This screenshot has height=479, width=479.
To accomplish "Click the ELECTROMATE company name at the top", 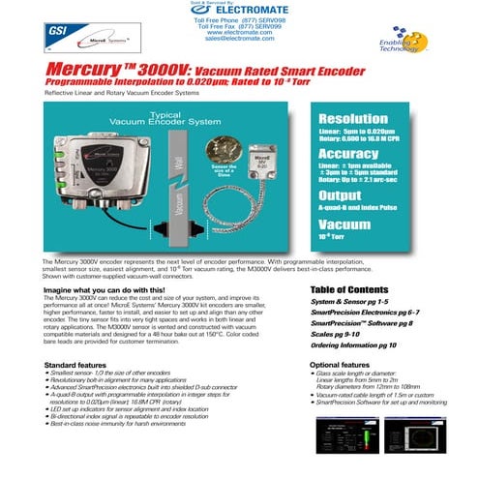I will (x=244, y=11).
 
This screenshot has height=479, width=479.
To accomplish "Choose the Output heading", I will (x=342, y=194).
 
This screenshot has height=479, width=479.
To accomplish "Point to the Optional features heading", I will (x=346, y=364).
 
